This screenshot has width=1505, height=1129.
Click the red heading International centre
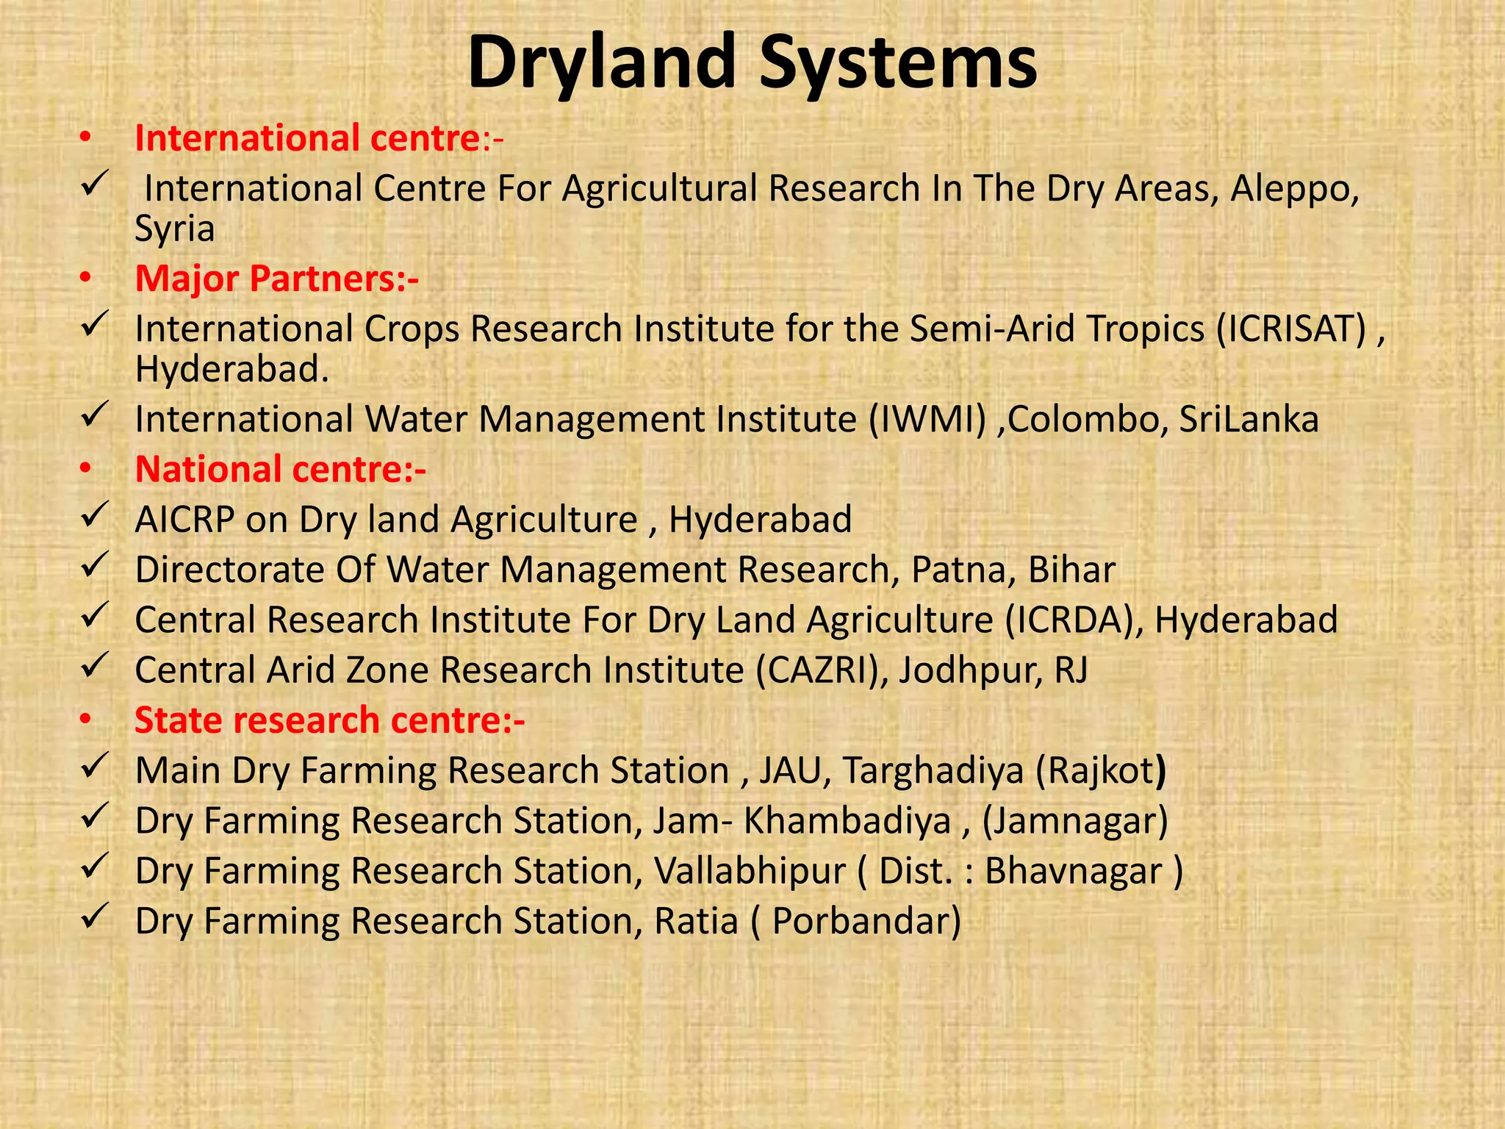(x=307, y=138)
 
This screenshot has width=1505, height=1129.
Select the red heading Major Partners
(x=276, y=279)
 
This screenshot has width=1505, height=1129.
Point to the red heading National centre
(x=280, y=469)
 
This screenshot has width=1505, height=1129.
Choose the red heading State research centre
(x=329, y=720)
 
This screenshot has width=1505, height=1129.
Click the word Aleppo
(x=1295, y=189)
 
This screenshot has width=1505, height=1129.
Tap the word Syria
(x=175, y=229)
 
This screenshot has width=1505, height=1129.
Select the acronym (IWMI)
(x=927, y=420)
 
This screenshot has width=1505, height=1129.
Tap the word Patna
(x=958, y=570)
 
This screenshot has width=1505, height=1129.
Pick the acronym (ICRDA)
(x=1074, y=620)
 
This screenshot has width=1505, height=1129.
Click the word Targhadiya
(x=933, y=770)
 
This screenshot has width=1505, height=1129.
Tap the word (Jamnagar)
(x=1075, y=820)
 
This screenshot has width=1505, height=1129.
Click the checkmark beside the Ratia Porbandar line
(x=95, y=917)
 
